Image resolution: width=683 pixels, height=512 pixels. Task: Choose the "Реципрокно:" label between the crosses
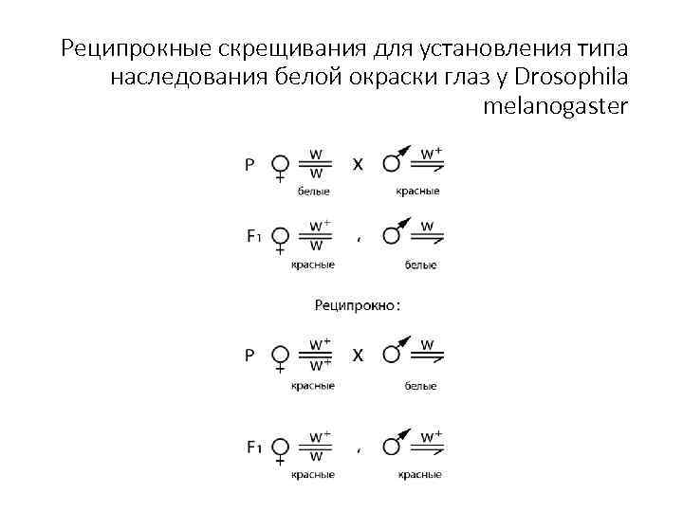point(357,305)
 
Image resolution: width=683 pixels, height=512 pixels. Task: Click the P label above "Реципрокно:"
point(249,164)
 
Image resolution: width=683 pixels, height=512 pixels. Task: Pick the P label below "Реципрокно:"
point(249,356)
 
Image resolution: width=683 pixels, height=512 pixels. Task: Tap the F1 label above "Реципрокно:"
point(253,236)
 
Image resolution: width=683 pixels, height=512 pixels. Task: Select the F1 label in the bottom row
point(253,446)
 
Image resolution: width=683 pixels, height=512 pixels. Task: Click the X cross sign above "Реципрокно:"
point(358,164)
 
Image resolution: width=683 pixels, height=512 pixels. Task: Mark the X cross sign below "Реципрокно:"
point(358,356)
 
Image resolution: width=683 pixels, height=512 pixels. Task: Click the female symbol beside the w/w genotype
point(280,165)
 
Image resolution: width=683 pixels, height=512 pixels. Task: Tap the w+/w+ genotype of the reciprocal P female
point(318,354)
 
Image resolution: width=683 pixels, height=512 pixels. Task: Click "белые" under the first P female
point(314,192)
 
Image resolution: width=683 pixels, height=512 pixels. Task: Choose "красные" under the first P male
point(417,192)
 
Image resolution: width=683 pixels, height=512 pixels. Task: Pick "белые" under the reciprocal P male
point(420,386)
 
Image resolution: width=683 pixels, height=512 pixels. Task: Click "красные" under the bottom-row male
point(418,474)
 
